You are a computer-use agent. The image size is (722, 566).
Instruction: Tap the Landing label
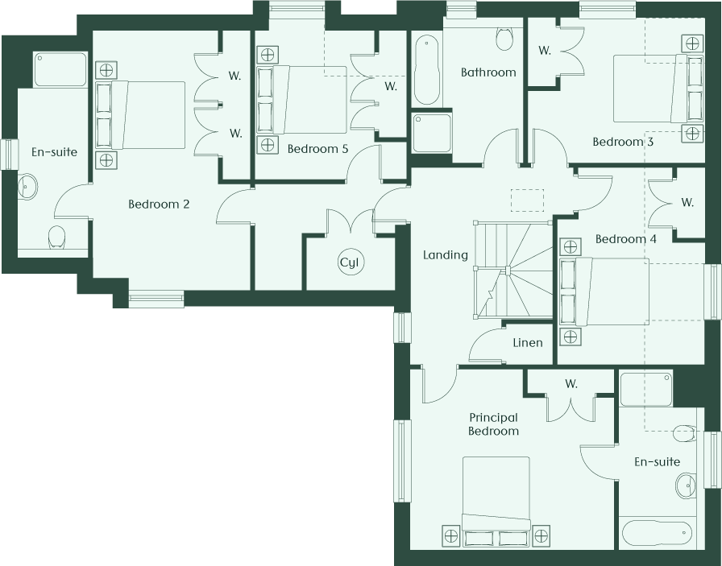click(x=446, y=255)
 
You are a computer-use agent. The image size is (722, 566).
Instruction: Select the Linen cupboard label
click(x=528, y=343)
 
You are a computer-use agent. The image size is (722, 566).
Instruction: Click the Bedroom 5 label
click(x=317, y=149)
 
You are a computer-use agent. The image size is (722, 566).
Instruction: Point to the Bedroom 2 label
click(x=159, y=204)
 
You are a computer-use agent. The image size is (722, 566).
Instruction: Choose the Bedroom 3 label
click(x=623, y=142)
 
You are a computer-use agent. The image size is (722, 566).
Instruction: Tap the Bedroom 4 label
click(x=626, y=239)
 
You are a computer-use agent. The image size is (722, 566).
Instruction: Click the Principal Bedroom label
click(x=494, y=424)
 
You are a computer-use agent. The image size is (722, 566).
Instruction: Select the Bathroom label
click(x=488, y=72)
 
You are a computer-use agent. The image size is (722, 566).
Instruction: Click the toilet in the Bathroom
click(x=504, y=39)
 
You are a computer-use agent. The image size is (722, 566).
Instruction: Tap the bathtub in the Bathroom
click(x=427, y=70)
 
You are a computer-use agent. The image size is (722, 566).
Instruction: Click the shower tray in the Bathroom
click(x=432, y=134)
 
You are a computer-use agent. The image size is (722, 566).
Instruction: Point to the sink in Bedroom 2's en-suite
click(x=27, y=188)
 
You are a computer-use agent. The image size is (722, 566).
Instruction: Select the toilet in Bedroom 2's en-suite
click(x=56, y=238)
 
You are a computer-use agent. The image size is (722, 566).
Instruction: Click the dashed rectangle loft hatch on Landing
click(x=527, y=200)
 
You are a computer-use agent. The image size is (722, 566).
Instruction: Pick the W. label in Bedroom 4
click(x=687, y=202)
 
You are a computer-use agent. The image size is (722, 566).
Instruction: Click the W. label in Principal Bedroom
click(x=571, y=384)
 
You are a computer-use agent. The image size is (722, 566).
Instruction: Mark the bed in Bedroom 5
click(x=301, y=100)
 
